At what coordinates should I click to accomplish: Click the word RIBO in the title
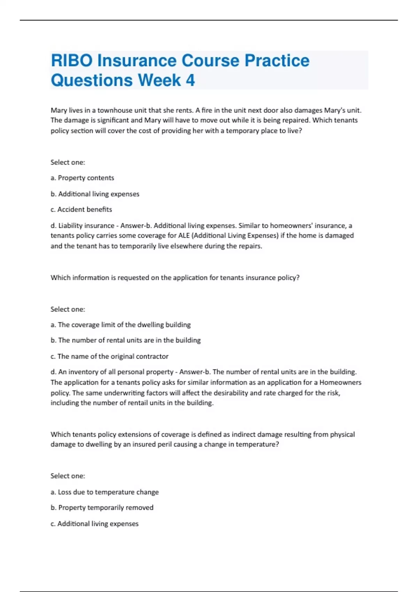(72, 61)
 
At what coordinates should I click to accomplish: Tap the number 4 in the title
(190, 80)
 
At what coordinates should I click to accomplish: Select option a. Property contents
(82, 178)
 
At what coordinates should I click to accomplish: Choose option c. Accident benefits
(81, 210)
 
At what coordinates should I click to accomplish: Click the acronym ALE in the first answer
(184, 235)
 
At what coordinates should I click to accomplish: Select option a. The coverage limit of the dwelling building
(121, 325)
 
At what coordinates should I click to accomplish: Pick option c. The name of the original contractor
(109, 357)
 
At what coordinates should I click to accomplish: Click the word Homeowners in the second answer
(340, 382)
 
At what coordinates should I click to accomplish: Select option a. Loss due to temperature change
(104, 492)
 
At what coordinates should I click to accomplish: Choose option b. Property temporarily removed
(102, 508)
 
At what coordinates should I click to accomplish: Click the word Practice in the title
(277, 61)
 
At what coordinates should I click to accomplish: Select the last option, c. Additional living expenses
(94, 524)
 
